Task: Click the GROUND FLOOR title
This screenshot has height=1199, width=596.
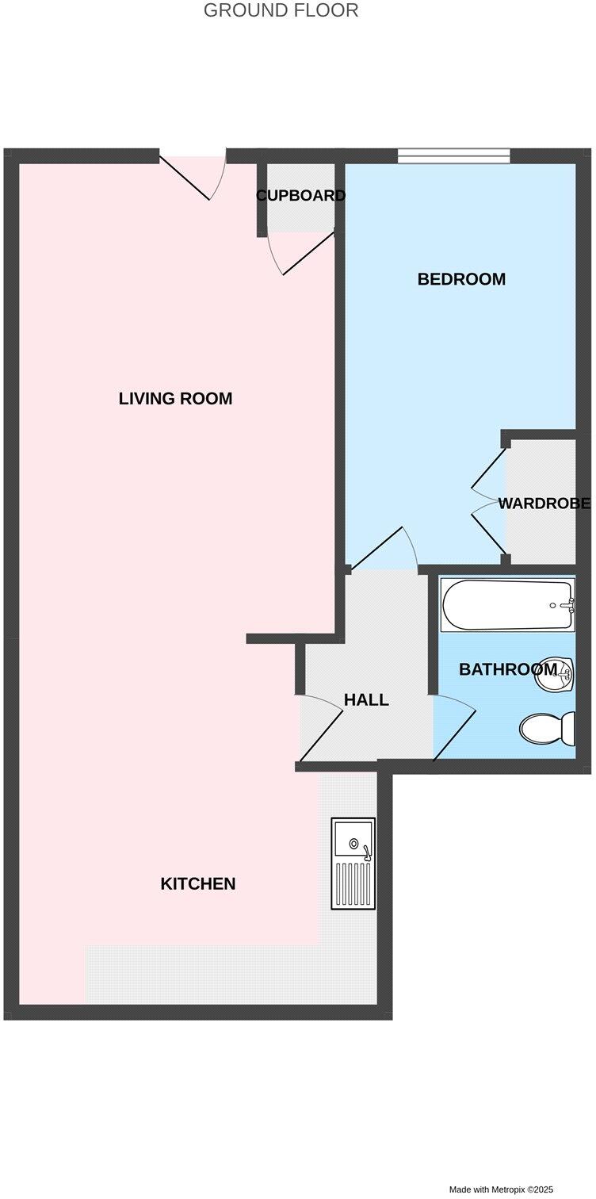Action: [281, 11]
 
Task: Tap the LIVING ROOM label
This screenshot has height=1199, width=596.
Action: [175, 398]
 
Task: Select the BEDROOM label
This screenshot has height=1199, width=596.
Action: [461, 279]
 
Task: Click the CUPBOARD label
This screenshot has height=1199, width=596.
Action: [300, 196]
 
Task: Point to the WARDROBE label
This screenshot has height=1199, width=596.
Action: [544, 504]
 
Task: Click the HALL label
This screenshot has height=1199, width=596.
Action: [366, 700]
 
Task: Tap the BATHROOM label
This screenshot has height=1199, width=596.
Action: [507, 669]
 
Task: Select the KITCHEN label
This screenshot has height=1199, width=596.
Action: [198, 883]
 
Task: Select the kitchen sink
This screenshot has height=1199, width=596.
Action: [353, 863]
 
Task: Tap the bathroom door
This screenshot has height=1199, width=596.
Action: [454, 728]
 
